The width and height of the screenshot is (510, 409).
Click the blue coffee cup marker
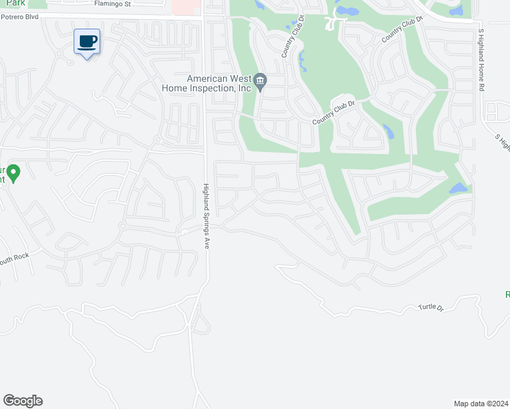[87, 42]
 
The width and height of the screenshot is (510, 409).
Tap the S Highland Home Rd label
[481, 59]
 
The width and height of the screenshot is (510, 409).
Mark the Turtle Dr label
[431, 308]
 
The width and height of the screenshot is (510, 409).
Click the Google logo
[22, 401]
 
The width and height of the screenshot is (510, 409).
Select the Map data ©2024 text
[481, 404]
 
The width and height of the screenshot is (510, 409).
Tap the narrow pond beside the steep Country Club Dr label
[301, 62]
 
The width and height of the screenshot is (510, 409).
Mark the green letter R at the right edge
[507, 294]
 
